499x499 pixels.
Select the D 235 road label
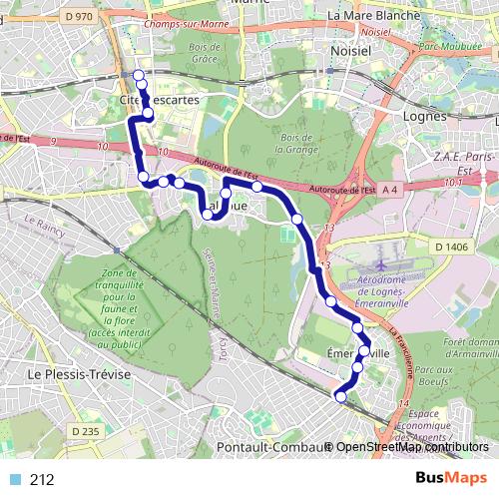tap(88, 431)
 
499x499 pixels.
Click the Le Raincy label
tap(45, 225)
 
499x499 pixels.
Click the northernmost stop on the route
tap(139, 76)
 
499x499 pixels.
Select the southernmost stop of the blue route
tap(340, 396)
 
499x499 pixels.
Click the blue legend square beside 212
tap(12, 479)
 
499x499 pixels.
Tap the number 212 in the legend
tap(42, 479)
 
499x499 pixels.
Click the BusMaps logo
tap(451, 478)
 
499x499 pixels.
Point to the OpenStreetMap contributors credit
tap(412, 447)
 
